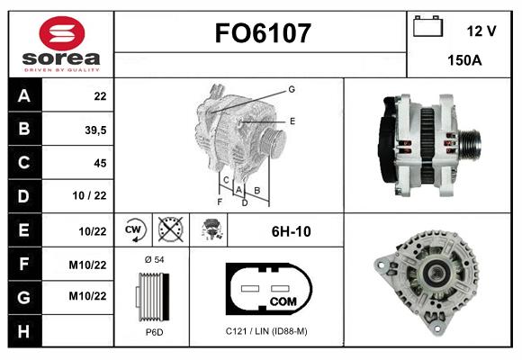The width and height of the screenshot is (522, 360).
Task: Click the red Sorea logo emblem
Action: click(62, 33)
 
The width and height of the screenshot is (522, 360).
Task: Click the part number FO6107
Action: click(263, 33)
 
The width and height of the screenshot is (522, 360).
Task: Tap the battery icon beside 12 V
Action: click(427, 26)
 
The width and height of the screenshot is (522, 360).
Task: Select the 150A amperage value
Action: click(464, 60)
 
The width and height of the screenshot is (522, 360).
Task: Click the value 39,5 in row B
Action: click(95, 130)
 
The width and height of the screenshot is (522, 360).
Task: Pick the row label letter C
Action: click(24, 162)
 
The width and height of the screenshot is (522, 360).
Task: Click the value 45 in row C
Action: click(100, 163)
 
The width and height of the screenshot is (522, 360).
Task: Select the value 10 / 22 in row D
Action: click(90, 195)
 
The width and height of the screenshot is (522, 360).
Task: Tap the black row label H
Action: click(24, 331)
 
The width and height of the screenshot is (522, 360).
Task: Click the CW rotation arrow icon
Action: click(133, 229)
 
